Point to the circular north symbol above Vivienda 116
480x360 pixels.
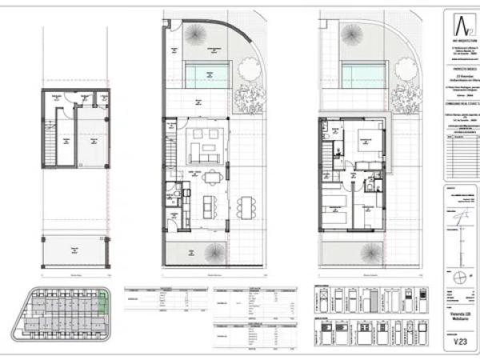click(x=459, y=277)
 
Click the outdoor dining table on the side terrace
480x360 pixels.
click(x=242, y=206)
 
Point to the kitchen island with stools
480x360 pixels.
click(x=210, y=206)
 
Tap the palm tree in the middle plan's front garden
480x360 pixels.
click(x=213, y=253)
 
